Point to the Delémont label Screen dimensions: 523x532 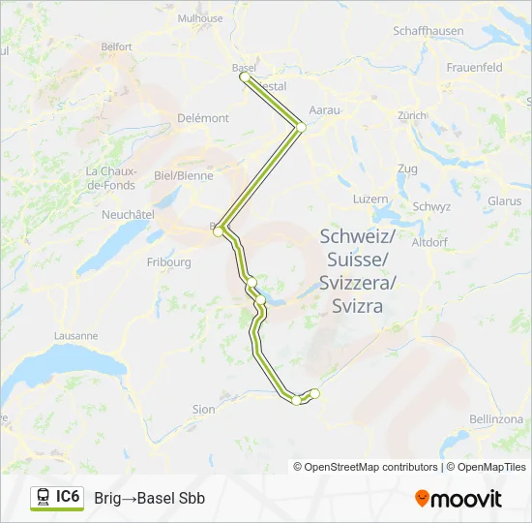tap(203, 118)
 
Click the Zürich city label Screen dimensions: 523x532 tap(412, 114)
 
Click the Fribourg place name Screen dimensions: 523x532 tap(168, 261)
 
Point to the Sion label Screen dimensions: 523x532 tap(203, 410)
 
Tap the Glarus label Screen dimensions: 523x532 tap(505, 201)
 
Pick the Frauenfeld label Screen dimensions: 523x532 tap(474, 68)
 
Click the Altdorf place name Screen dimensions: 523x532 tap(429, 242)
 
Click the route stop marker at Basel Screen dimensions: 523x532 tap(245, 77)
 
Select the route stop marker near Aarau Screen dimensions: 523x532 tap(301, 127)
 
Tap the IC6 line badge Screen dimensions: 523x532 tap(68, 497)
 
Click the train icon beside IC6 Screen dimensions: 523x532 tap(44, 497)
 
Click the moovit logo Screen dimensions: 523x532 tap(458, 499)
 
